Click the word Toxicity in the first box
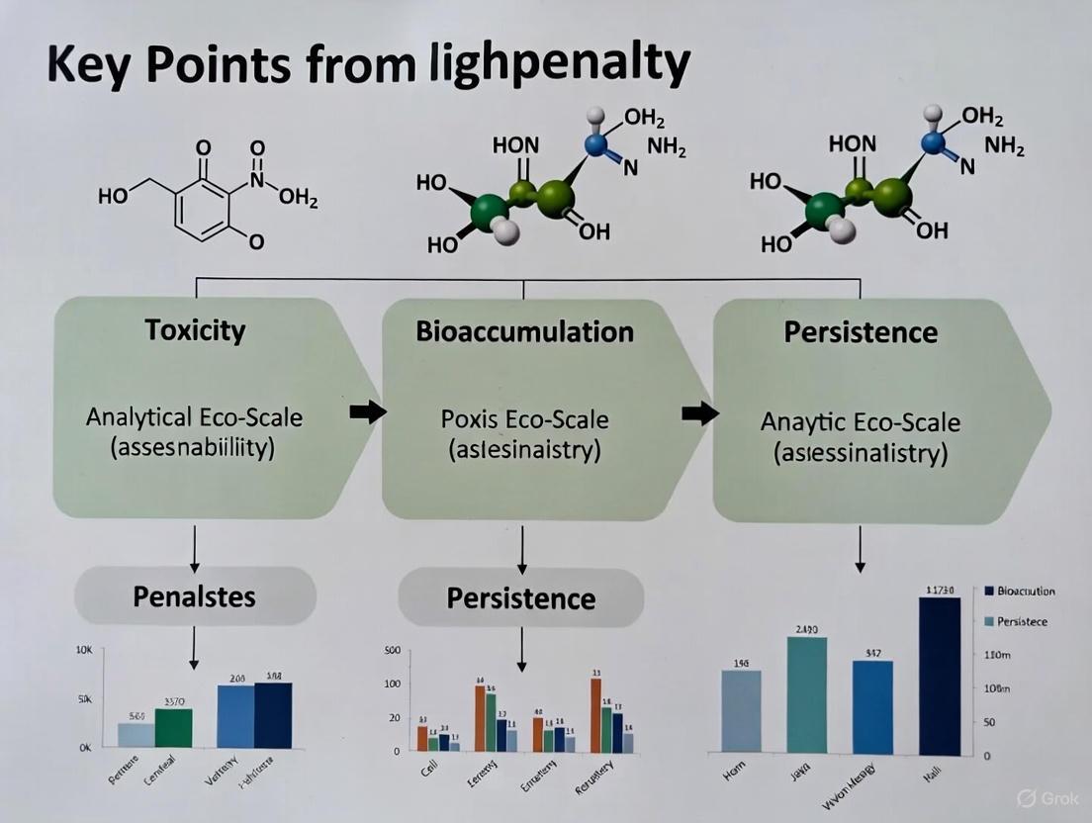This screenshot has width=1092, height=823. [195, 329]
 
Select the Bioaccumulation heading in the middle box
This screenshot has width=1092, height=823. [524, 330]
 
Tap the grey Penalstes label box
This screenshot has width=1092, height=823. [195, 595]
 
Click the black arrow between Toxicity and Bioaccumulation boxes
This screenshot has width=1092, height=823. [368, 412]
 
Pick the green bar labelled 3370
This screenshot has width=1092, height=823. [173, 727]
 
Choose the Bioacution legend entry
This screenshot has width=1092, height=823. [1020, 591]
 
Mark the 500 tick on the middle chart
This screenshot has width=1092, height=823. [392, 651]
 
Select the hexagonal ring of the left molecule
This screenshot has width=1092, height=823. [205, 204]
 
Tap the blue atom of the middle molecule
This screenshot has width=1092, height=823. [595, 145]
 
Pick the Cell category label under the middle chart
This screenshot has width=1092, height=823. [429, 769]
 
